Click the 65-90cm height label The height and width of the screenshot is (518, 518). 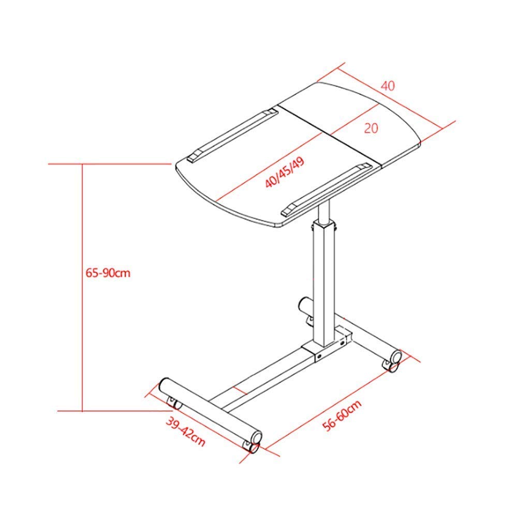click(x=108, y=273)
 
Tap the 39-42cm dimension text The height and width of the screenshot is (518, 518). click(x=186, y=432)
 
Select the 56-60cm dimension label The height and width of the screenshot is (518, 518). click(x=342, y=416)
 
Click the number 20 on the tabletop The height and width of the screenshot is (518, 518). click(x=371, y=128)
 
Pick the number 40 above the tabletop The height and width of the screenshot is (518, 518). click(x=388, y=86)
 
